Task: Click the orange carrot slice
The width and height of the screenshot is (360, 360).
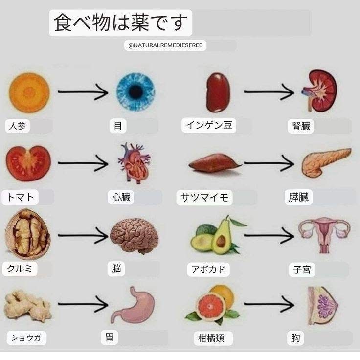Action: tap(29, 92)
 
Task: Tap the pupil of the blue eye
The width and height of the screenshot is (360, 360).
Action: tap(135, 91)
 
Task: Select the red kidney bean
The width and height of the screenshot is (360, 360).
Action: tap(218, 92)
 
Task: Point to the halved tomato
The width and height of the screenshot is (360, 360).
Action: tap(28, 162)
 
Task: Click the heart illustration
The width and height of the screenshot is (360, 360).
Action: tap(134, 163)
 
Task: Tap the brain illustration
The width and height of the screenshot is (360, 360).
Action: tap(134, 235)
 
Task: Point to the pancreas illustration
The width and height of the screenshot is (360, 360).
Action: tap(325, 162)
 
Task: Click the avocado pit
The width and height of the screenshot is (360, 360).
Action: tap(222, 241)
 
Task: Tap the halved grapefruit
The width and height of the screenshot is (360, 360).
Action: tap(211, 306)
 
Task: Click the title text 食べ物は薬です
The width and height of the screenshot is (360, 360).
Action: tap(120, 23)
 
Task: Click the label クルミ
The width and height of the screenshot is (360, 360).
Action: tap(20, 269)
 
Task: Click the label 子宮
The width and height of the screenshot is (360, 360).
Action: tap(302, 269)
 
